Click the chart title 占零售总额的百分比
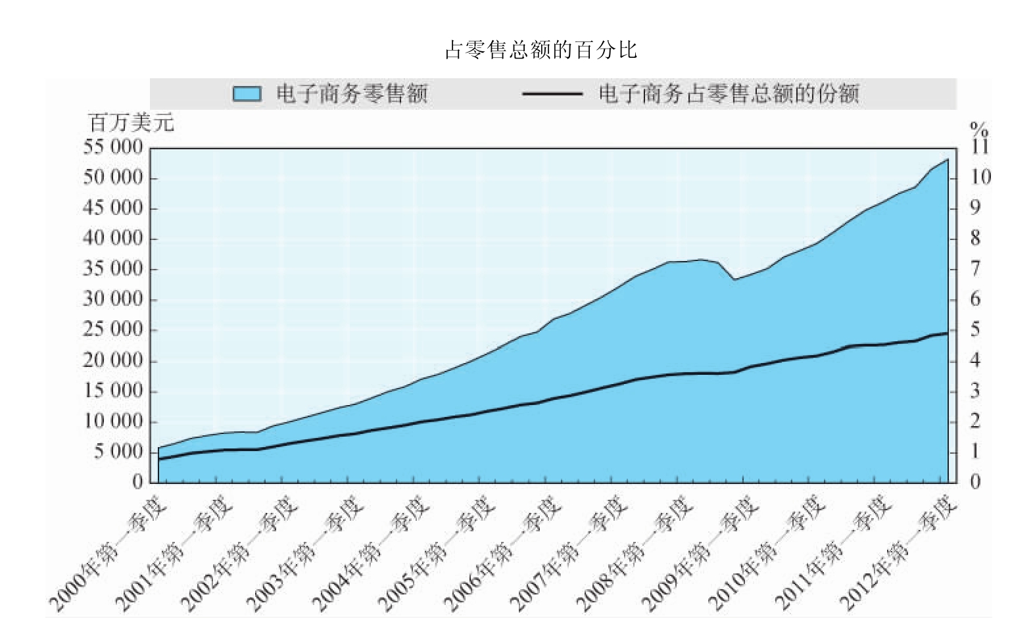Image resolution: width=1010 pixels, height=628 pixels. point(541,50)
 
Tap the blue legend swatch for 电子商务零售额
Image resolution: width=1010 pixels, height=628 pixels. point(247,94)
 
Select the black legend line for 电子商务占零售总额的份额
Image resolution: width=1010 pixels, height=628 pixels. point(552,94)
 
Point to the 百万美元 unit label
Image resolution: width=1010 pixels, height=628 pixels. point(132,122)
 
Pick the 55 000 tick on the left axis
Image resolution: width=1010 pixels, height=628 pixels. point(112,147)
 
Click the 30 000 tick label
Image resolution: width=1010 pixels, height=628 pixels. point(112,300)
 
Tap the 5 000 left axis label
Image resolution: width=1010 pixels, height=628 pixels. point(118,452)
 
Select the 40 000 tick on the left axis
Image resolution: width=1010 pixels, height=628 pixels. point(112,239)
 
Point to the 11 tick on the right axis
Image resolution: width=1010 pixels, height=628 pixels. point(980,146)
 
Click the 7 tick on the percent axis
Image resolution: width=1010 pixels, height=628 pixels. point(975,269)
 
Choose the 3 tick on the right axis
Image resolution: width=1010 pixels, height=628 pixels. point(975,391)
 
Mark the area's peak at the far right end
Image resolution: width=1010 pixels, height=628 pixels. point(948,160)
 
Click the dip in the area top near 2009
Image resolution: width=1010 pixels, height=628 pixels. point(735,279)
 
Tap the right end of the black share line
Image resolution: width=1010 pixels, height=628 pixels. point(948,333)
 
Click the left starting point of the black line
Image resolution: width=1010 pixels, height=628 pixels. point(159,459)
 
